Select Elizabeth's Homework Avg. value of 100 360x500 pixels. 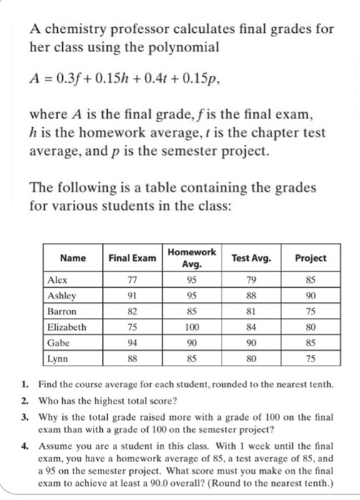pyautogui.click(x=191, y=327)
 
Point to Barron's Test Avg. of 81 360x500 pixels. pyautogui.click(x=249, y=312)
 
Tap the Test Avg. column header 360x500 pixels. pyautogui.click(x=249, y=258)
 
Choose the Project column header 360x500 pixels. pyautogui.click(x=310, y=258)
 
